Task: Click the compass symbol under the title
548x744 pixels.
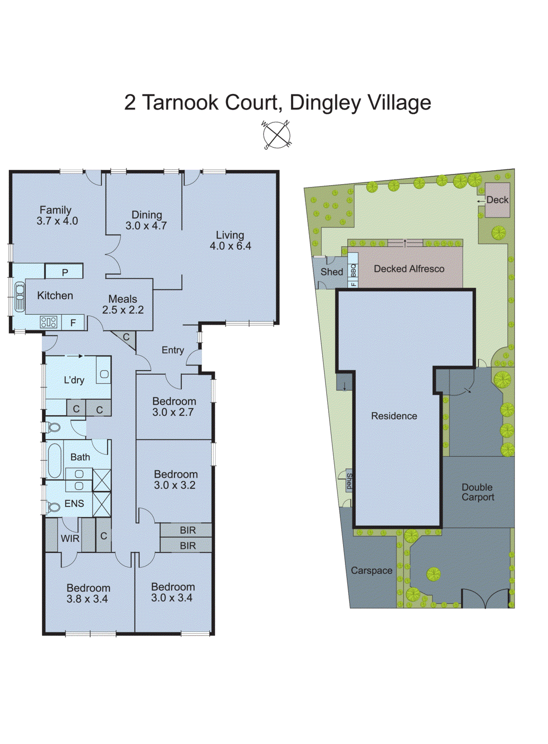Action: [277, 135]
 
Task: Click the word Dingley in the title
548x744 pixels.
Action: [325, 103]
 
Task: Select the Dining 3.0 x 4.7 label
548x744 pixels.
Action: [146, 220]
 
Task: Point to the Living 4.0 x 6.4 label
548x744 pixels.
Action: [230, 241]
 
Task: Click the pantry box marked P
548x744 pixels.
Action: [65, 272]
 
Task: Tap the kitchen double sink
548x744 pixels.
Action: [20, 296]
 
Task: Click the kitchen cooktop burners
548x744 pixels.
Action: [49, 322]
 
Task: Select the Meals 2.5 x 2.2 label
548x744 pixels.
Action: [123, 305]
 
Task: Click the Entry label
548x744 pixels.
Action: [172, 350]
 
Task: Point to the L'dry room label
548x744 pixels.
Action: [74, 380]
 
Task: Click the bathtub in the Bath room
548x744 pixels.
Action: [54, 460]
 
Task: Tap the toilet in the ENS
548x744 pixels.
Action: [53, 507]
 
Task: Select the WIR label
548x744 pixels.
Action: [70, 538]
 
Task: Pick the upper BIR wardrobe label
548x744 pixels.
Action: [187, 530]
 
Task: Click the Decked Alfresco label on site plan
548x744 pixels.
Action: [409, 269]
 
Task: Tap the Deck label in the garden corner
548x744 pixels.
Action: [497, 200]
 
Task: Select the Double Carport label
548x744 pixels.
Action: [477, 492]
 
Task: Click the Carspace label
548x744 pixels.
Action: [371, 571]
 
